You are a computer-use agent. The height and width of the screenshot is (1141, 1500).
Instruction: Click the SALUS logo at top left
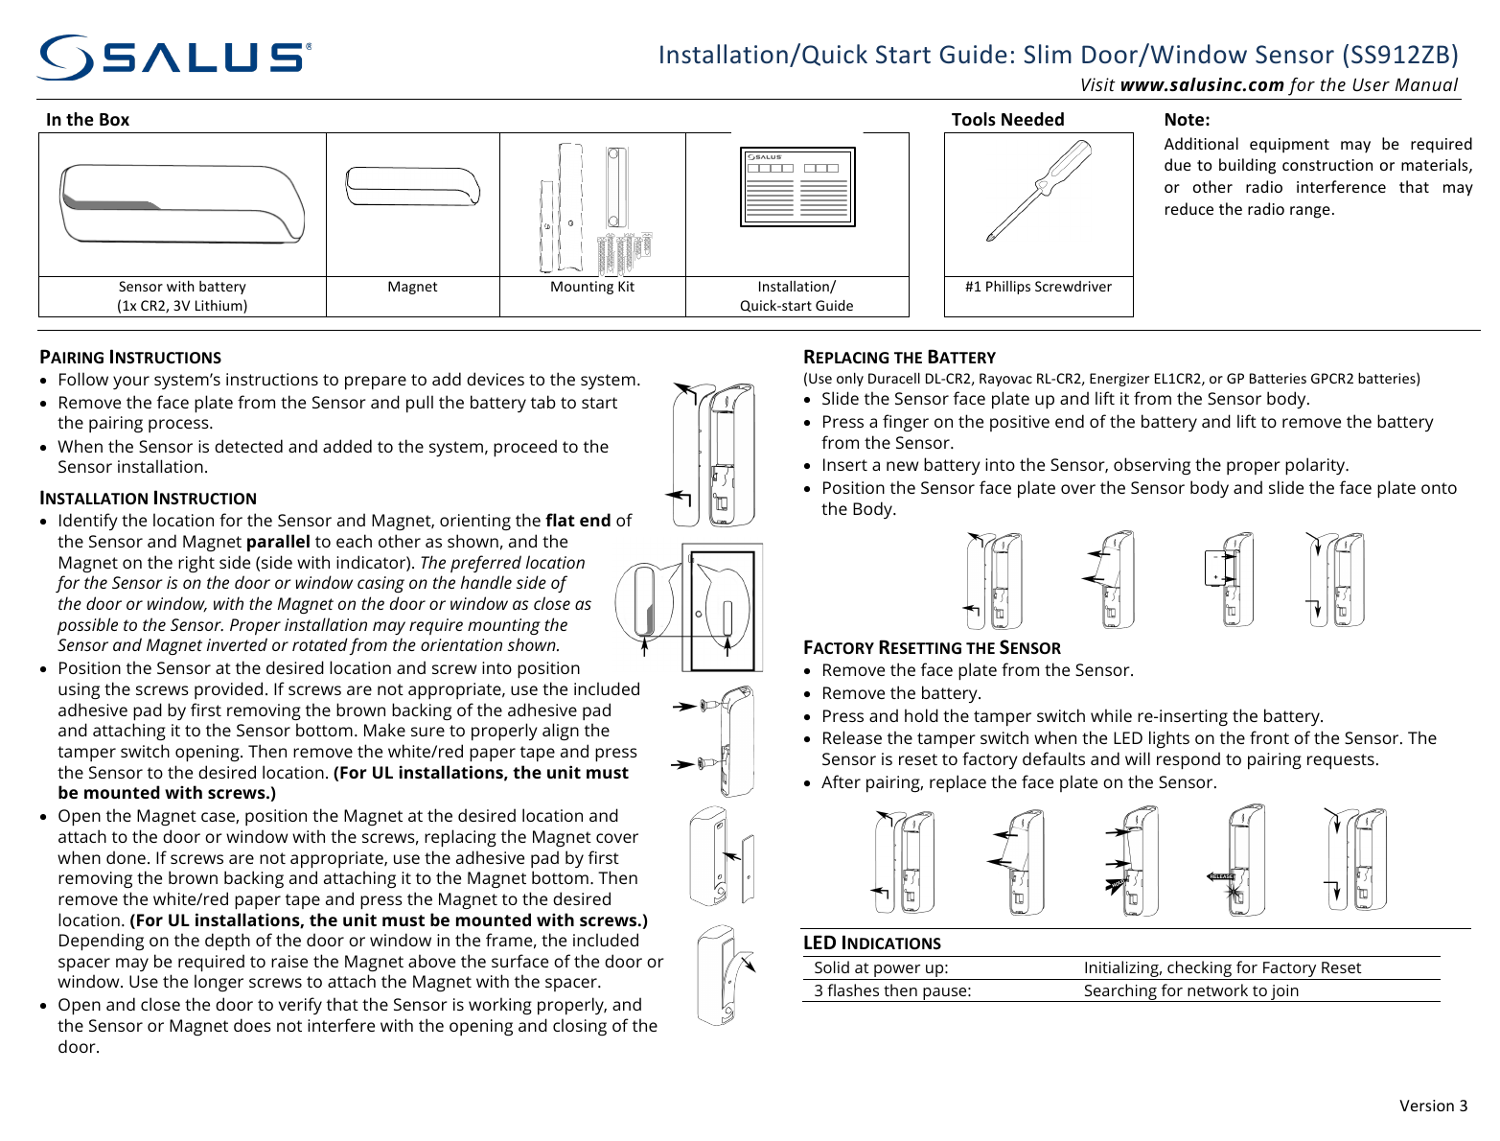tap(173, 58)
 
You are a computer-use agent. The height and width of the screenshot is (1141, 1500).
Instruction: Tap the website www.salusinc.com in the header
tap(1202, 85)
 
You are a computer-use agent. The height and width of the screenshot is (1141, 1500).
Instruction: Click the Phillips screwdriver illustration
tap(1039, 191)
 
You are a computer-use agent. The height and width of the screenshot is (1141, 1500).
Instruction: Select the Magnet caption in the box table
tap(412, 287)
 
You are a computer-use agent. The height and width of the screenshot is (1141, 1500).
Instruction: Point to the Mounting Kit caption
tap(592, 287)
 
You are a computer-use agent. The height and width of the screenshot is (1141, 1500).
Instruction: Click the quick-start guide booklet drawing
tap(796, 187)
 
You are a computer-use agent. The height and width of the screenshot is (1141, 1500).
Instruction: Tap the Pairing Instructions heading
tap(130, 358)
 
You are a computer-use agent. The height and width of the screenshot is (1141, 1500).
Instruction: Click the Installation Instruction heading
tap(148, 499)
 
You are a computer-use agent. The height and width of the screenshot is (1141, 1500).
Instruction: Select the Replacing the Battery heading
tap(899, 358)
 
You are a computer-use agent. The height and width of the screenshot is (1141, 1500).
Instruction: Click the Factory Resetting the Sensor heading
tap(932, 648)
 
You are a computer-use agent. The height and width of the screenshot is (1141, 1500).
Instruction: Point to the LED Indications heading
tap(871, 943)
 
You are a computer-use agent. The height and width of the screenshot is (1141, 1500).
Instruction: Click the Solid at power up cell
tap(881, 968)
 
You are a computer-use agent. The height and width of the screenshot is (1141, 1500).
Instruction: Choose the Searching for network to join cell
tap(1190, 991)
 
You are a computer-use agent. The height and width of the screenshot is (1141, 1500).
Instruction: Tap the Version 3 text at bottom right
tap(1433, 1106)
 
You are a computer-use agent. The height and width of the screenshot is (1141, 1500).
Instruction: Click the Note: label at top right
tap(1187, 120)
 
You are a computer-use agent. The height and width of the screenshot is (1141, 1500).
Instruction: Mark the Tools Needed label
tap(1007, 120)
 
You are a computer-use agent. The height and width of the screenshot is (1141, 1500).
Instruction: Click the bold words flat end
tap(577, 521)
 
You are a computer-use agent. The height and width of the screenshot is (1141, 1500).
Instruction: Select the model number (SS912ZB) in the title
tap(1399, 55)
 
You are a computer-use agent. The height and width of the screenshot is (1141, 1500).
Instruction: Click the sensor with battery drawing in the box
tap(181, 203)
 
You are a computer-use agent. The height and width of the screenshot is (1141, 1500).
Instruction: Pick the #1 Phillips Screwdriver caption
tap(1038, 287)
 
